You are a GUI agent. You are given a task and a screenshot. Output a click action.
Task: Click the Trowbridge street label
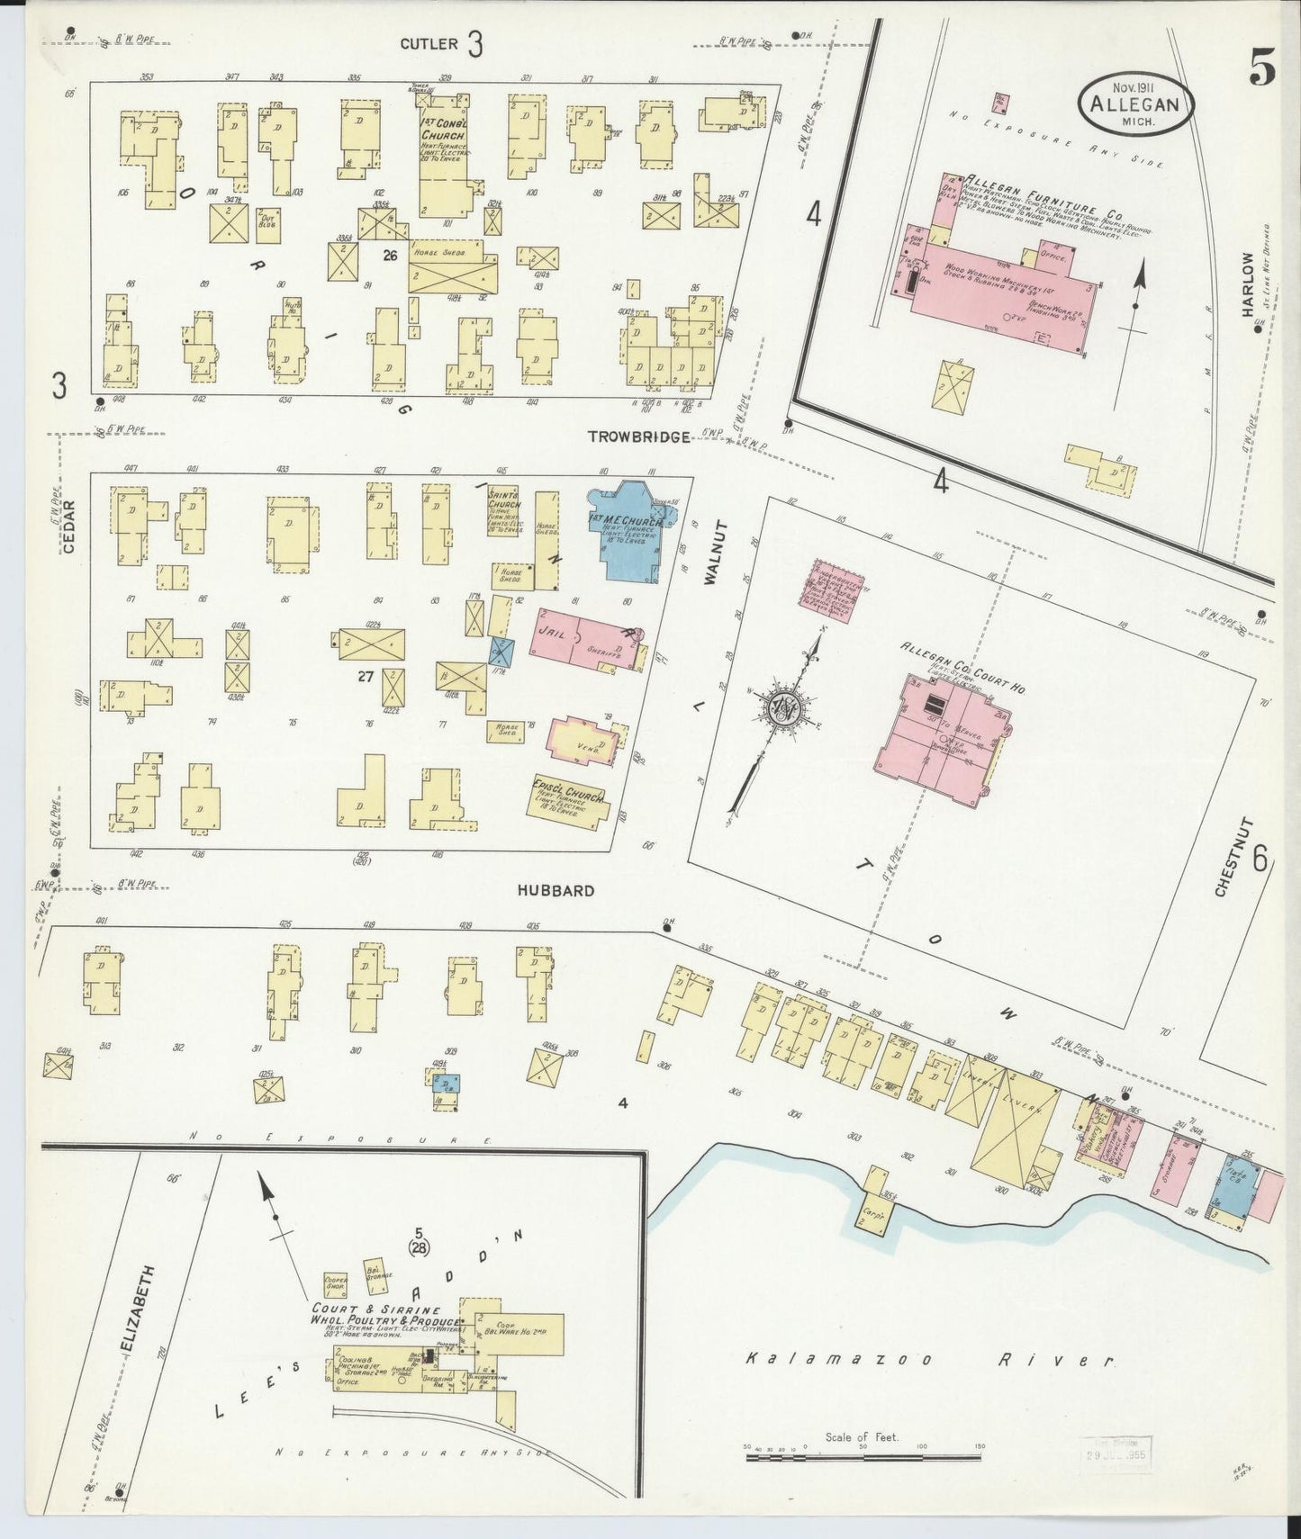click(x=638, y=436)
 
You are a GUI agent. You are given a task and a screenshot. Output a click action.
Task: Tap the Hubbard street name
click(x=556, y=890)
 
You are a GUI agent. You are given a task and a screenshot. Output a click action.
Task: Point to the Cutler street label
click(x=429, y=43)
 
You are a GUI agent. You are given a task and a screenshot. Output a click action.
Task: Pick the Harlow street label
click(x=1248, y=283)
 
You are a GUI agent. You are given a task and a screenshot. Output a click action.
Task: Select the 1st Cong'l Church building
click(x=446, y=163)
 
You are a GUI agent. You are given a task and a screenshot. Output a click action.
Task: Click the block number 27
click(x=366, y=677)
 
